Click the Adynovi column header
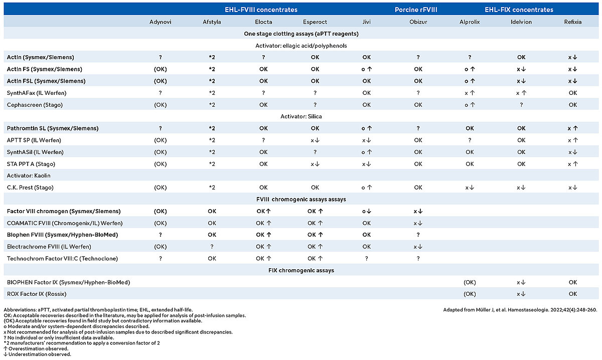160,22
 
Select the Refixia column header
573,22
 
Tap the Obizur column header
418,22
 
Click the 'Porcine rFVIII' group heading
416,10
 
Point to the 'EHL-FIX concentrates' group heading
519,10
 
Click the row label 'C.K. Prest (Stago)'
30,188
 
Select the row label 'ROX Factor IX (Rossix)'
37,294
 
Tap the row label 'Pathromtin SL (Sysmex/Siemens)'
53,128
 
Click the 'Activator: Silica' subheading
301,116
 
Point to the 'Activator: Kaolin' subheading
29,175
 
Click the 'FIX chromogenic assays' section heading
301,270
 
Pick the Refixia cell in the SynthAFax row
573,93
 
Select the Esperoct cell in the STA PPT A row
315,164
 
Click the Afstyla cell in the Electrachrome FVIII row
212,247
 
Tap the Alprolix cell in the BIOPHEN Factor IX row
470,282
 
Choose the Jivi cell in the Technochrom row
367,258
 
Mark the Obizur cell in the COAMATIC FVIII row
418,223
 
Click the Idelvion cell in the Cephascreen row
521,105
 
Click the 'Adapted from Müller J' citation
520,310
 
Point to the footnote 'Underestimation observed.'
37,354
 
